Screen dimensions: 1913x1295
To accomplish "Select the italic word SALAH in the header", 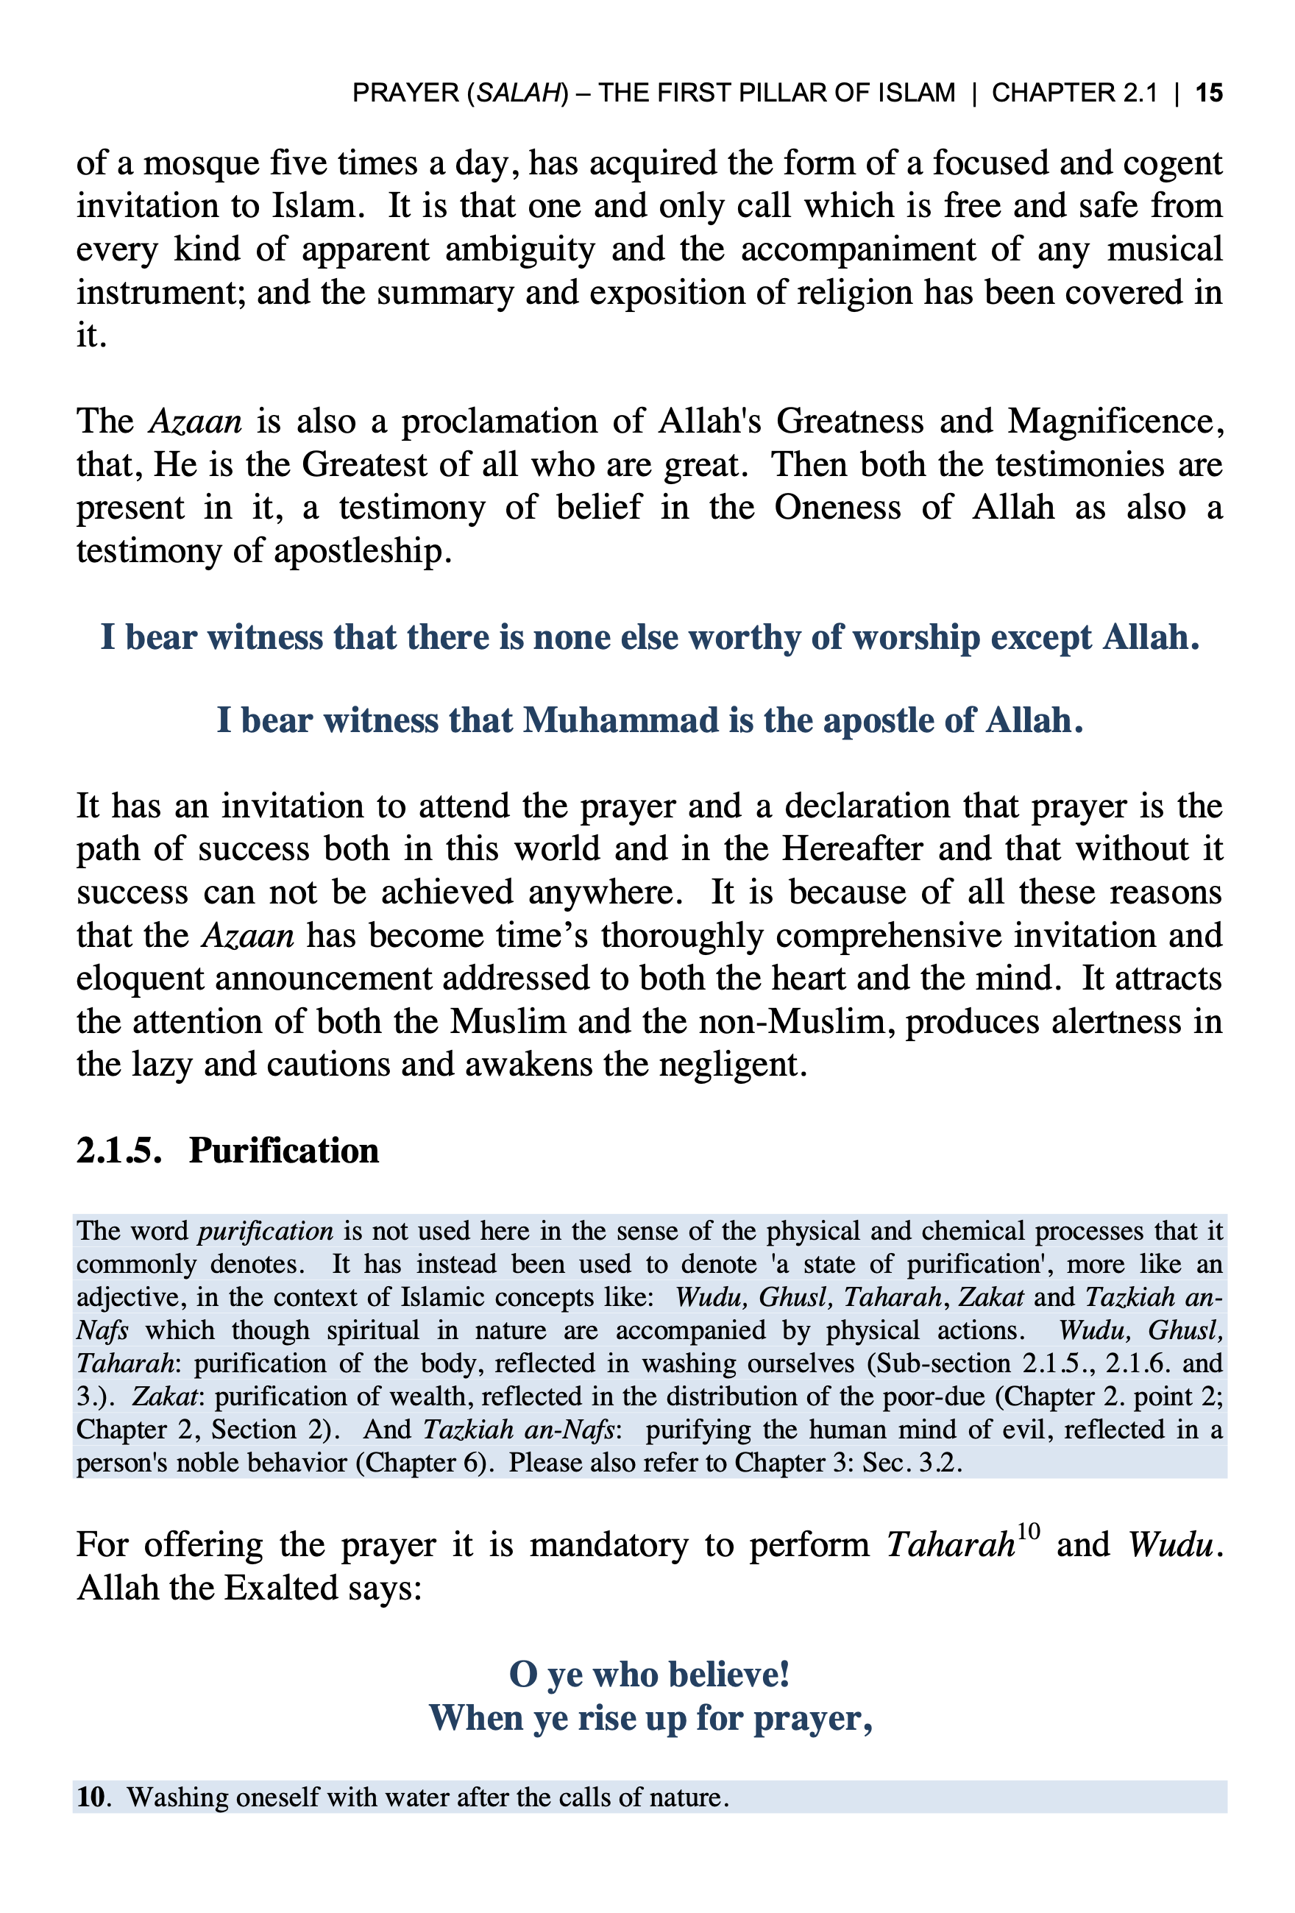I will (x=517, y=92).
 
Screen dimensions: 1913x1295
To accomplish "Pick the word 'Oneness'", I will (x=837, y=508).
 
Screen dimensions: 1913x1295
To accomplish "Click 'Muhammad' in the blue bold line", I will (x=621, y=720).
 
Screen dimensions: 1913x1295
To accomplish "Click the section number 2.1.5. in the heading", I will (x=118, y=1150).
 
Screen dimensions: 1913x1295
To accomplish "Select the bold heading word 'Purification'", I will (x=284, y=1150).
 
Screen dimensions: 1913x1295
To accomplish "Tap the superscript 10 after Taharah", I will (x=1028, y=1531).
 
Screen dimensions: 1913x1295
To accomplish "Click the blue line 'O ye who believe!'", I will (x=650, y=1675).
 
